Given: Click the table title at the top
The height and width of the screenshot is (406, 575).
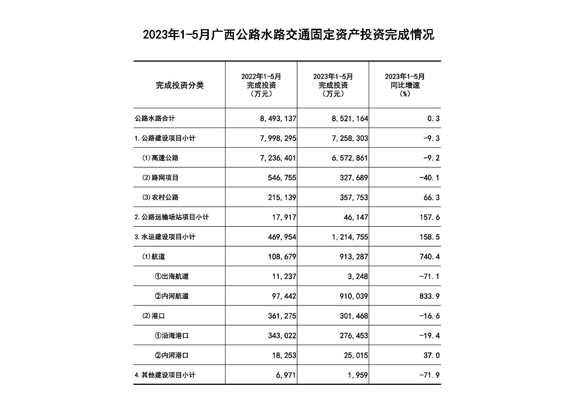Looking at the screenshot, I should [x=288, y=35].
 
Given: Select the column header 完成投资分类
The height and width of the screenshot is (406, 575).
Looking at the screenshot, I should [x=180, y=85].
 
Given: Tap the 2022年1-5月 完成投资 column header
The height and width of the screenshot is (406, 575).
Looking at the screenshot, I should [x=261, y=85].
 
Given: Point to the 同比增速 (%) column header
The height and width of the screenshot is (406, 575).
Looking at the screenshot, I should [x=405, y=85].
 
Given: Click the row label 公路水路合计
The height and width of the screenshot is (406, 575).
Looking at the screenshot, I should [x=155, y=118].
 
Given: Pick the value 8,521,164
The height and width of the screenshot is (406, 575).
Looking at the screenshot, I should [x=350, y=119].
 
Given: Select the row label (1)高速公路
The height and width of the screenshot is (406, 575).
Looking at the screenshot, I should [x=160, y=158].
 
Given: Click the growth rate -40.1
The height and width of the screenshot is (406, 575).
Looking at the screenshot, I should [x=429, y=178].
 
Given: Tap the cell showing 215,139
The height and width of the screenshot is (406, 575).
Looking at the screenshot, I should [x=282, y=197].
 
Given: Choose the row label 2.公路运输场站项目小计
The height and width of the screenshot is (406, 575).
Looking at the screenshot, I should [x=172, y=217].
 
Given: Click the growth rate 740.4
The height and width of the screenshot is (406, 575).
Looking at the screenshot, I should [x=429, y=257].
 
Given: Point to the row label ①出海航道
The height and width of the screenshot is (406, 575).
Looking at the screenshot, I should [x=172, y=276].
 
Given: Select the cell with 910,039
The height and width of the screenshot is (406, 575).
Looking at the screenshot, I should [x=354, y=296].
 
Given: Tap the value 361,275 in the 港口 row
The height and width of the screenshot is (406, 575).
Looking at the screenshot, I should [x=282, y=316].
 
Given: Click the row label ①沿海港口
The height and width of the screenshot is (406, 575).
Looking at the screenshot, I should [x=172, y=336].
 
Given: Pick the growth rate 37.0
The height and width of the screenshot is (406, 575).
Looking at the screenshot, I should [x=432, y=355].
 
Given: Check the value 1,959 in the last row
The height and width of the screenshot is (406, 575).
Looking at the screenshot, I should [x=358, y=375].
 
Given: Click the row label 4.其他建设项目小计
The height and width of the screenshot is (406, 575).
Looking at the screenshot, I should [x=165, y=375].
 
